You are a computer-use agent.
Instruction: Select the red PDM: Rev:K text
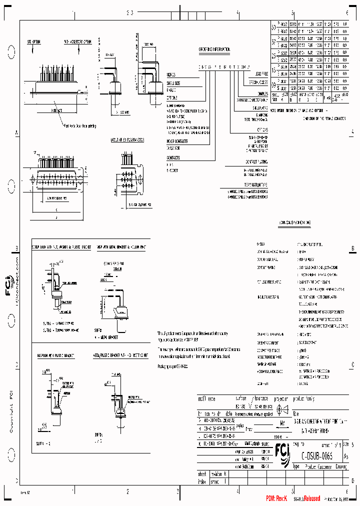pos(276,499)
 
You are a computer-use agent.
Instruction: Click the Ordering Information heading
pos(214,49)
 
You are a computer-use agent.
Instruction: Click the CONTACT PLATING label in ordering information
pos(256,161)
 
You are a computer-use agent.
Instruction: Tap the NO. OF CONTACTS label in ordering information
pos(176,142)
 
